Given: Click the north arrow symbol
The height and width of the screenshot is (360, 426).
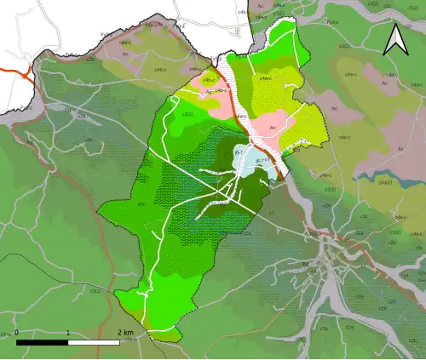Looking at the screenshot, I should pos(394,40).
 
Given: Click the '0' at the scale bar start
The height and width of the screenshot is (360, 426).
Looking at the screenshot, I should pos(16,332).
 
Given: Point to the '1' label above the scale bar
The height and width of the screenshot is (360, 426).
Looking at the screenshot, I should pos(68,332).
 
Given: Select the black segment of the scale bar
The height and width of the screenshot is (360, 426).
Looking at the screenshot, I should pos(42,341).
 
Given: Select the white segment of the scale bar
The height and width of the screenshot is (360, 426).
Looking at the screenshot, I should pos(94,341).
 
